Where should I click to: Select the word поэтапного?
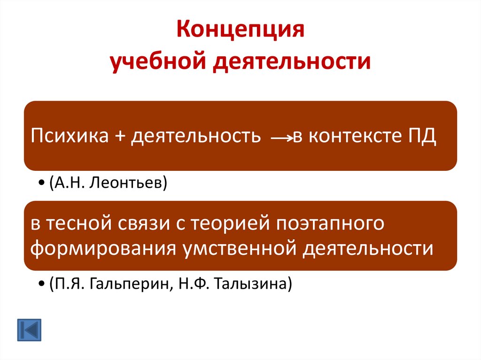pos(331,224)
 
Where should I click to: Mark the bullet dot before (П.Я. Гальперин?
pos(43,283)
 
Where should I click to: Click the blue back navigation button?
pos(29,330)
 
